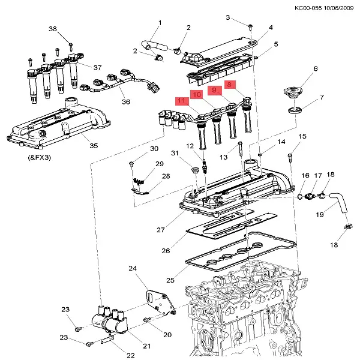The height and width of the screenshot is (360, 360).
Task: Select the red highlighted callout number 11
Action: pyautogui.click(x=181, y=101)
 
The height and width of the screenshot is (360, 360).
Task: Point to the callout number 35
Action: pyautogui.click(x=93, y=145)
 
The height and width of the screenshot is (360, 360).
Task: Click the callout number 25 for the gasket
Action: pyautogui.click(x=170, y=280)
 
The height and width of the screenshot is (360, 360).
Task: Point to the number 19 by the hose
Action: pyautogui.click(x=320, y=214)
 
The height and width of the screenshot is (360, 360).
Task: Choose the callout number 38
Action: pyautogui.click(x=52, y=29)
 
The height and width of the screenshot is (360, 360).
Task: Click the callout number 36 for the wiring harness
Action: pyautogui.click(x=125, y=101)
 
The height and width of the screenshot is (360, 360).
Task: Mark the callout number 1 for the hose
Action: pyautogui.click(x=160, y=23)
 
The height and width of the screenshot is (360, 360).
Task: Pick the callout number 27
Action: pyautogui.click(x=160, y=230)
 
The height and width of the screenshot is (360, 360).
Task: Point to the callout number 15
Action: pyautogui.click(x=302, y=137)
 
